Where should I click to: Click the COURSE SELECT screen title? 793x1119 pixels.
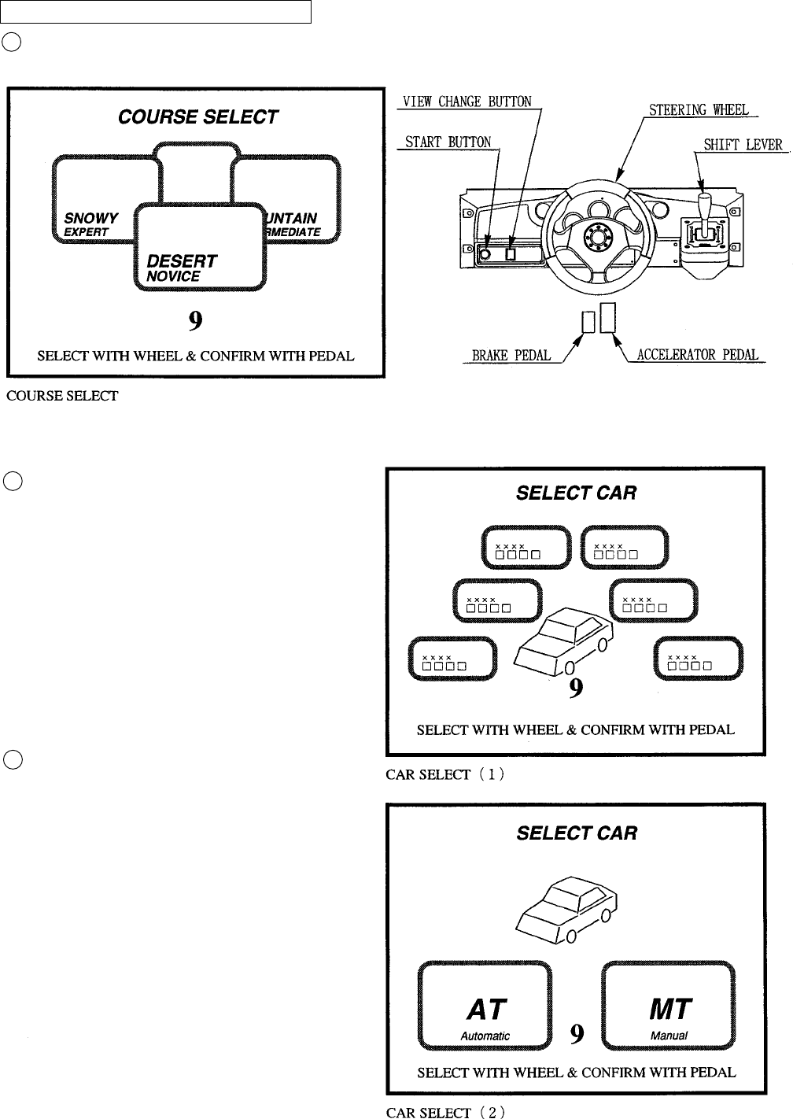(197, 117)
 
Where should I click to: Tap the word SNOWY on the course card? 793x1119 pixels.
(91, 218)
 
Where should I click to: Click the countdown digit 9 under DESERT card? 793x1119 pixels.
(196, 320)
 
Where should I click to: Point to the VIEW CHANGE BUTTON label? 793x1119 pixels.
(467, 102)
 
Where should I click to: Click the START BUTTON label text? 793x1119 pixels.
(448, 142)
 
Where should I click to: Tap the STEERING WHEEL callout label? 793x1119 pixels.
(699, 110)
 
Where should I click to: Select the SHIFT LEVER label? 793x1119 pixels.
(743, 145)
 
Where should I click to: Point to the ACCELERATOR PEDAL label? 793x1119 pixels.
(699, 355)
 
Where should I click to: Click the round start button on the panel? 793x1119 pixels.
(485, 254)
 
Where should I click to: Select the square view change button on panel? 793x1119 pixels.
(510, 254)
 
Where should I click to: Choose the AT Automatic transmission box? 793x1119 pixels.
(485, 1005)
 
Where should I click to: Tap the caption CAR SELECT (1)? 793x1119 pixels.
(445, 774)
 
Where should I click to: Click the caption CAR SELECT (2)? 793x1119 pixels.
(445, 1112)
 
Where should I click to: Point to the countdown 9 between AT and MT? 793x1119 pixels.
(577, 1033)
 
